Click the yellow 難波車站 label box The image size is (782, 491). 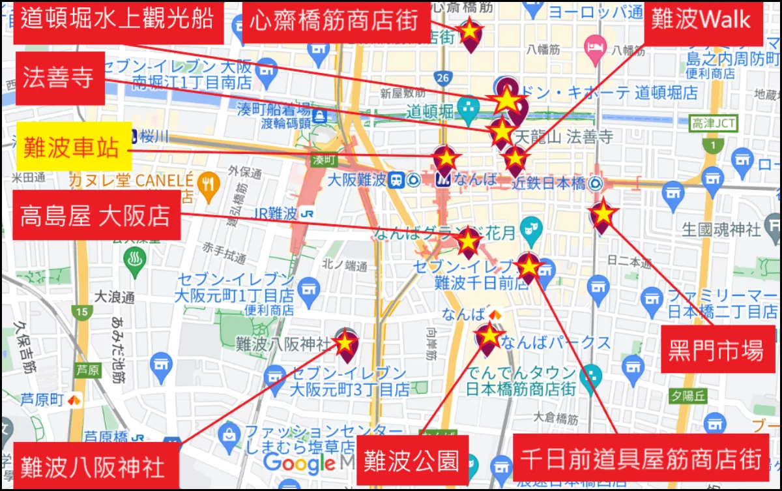click(x=74, y=147)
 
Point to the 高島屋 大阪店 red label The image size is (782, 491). click(x=96, y=215)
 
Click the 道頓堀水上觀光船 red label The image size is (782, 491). click(x=117, y=20)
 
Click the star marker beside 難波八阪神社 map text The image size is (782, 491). click(x=345, y=342)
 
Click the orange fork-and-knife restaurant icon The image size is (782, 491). click(x=208, y=182)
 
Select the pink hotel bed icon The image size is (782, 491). click(x=595, y=46)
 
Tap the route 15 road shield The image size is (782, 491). click(x=81, y=312)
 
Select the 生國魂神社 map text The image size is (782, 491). click(x=721, y=230)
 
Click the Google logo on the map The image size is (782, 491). click(x=300, y=464)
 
